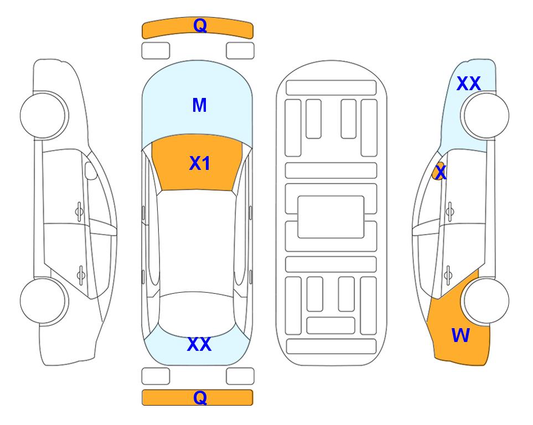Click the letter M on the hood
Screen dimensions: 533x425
coord(199,105)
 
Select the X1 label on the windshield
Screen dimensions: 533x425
coord(200,163)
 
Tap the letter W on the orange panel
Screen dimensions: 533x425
coord(460,335)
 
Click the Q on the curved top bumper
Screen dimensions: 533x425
coord(200,25)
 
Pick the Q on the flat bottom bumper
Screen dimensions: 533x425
coord(200,397)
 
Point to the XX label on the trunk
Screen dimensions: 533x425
coord(199,344)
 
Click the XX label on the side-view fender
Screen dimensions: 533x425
coord(468,84)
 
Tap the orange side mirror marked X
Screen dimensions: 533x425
coord(438,172)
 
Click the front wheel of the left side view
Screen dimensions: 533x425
coord(44,116)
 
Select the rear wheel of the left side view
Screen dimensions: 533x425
coord(44,300)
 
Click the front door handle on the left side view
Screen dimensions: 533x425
coord(79,211)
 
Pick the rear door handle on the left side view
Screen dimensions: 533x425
coord(81,274)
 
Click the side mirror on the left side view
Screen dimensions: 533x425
coord(90,170)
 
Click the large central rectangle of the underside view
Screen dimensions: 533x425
coord(331,217)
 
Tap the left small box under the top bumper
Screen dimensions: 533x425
coord(156,51)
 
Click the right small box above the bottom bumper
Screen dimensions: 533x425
coord(240,376)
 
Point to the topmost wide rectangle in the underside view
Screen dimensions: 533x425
coord(331,88)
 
